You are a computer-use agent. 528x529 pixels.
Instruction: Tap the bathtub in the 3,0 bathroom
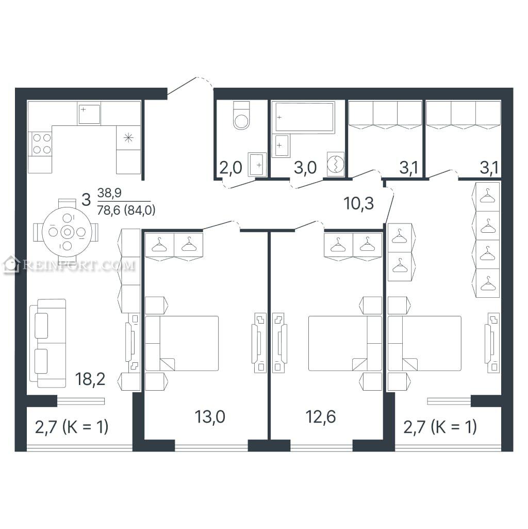coord(304,117)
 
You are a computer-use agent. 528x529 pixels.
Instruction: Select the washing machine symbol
coord(336,164)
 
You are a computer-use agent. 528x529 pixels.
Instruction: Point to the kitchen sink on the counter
coord(89,115)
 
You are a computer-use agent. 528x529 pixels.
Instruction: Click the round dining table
coord(67,232)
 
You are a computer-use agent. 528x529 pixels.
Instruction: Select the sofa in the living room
coord(48,343)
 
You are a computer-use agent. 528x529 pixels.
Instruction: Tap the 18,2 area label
coord(90,379)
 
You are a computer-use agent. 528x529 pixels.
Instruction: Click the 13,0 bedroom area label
coord(210,416)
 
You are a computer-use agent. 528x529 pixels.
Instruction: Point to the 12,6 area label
coord(321,416)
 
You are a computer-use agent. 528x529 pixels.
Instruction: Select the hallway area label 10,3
coord(359,203)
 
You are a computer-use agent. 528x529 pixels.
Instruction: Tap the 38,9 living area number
coord(109,193)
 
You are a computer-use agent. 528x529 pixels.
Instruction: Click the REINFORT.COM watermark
coord(69,265)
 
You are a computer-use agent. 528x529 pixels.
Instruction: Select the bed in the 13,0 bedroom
coord(181,343)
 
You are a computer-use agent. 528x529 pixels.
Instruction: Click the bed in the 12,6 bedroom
coord(345,343)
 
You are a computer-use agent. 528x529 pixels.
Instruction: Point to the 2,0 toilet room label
coord(230,167)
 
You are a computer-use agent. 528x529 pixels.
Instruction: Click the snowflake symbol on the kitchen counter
coord(128,138)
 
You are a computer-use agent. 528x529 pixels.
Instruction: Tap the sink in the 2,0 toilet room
coord(257,164)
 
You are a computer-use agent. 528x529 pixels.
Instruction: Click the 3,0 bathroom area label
coord(305,167)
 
